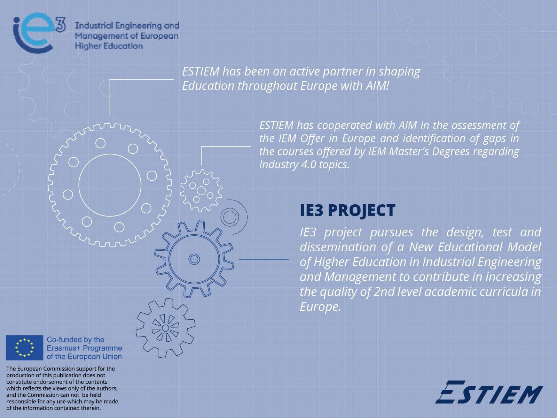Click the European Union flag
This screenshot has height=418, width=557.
pos(25,348)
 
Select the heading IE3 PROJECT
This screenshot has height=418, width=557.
pos(347,211)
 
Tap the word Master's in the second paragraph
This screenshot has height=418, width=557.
pos(409,151)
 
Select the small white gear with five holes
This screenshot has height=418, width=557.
pos(201,191)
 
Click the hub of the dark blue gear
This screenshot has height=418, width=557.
pos(194,259)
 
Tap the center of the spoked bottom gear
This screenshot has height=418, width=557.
pos(165,328)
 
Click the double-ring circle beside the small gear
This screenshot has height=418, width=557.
pos(230,217)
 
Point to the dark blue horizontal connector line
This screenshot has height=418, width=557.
pos(264,259)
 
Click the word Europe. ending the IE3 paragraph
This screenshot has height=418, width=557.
pos(320,307)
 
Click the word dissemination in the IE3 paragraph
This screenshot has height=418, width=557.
pos(338,247)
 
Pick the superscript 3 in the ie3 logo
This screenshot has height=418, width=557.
pos(60,24)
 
